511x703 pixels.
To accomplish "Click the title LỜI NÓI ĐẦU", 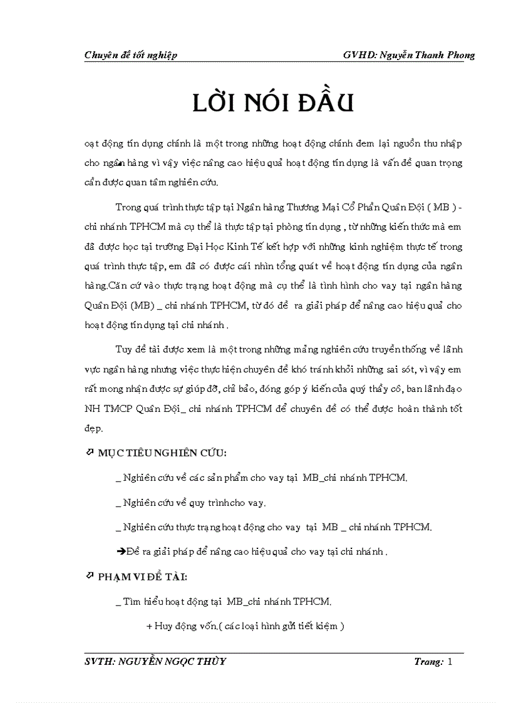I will (x=273, y=103).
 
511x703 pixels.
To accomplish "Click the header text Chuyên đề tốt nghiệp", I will (x=130, y=55).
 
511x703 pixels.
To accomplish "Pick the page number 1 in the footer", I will (x=449, y=662).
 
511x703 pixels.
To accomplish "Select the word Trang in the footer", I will (x=428, y=662).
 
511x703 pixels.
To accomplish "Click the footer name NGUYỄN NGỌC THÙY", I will (x=171, y=662).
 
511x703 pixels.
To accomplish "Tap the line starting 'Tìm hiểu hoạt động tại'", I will (x=224, y=602).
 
